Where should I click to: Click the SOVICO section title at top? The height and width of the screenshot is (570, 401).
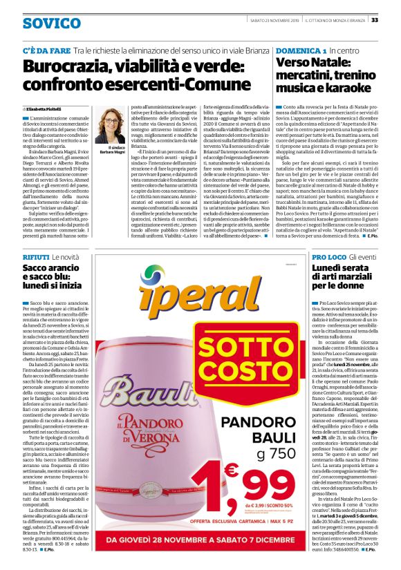[x=51, y=23]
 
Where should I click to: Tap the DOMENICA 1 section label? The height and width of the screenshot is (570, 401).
[x=301, y=51]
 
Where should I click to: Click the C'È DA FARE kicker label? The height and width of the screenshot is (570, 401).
[x=46, y=51]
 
